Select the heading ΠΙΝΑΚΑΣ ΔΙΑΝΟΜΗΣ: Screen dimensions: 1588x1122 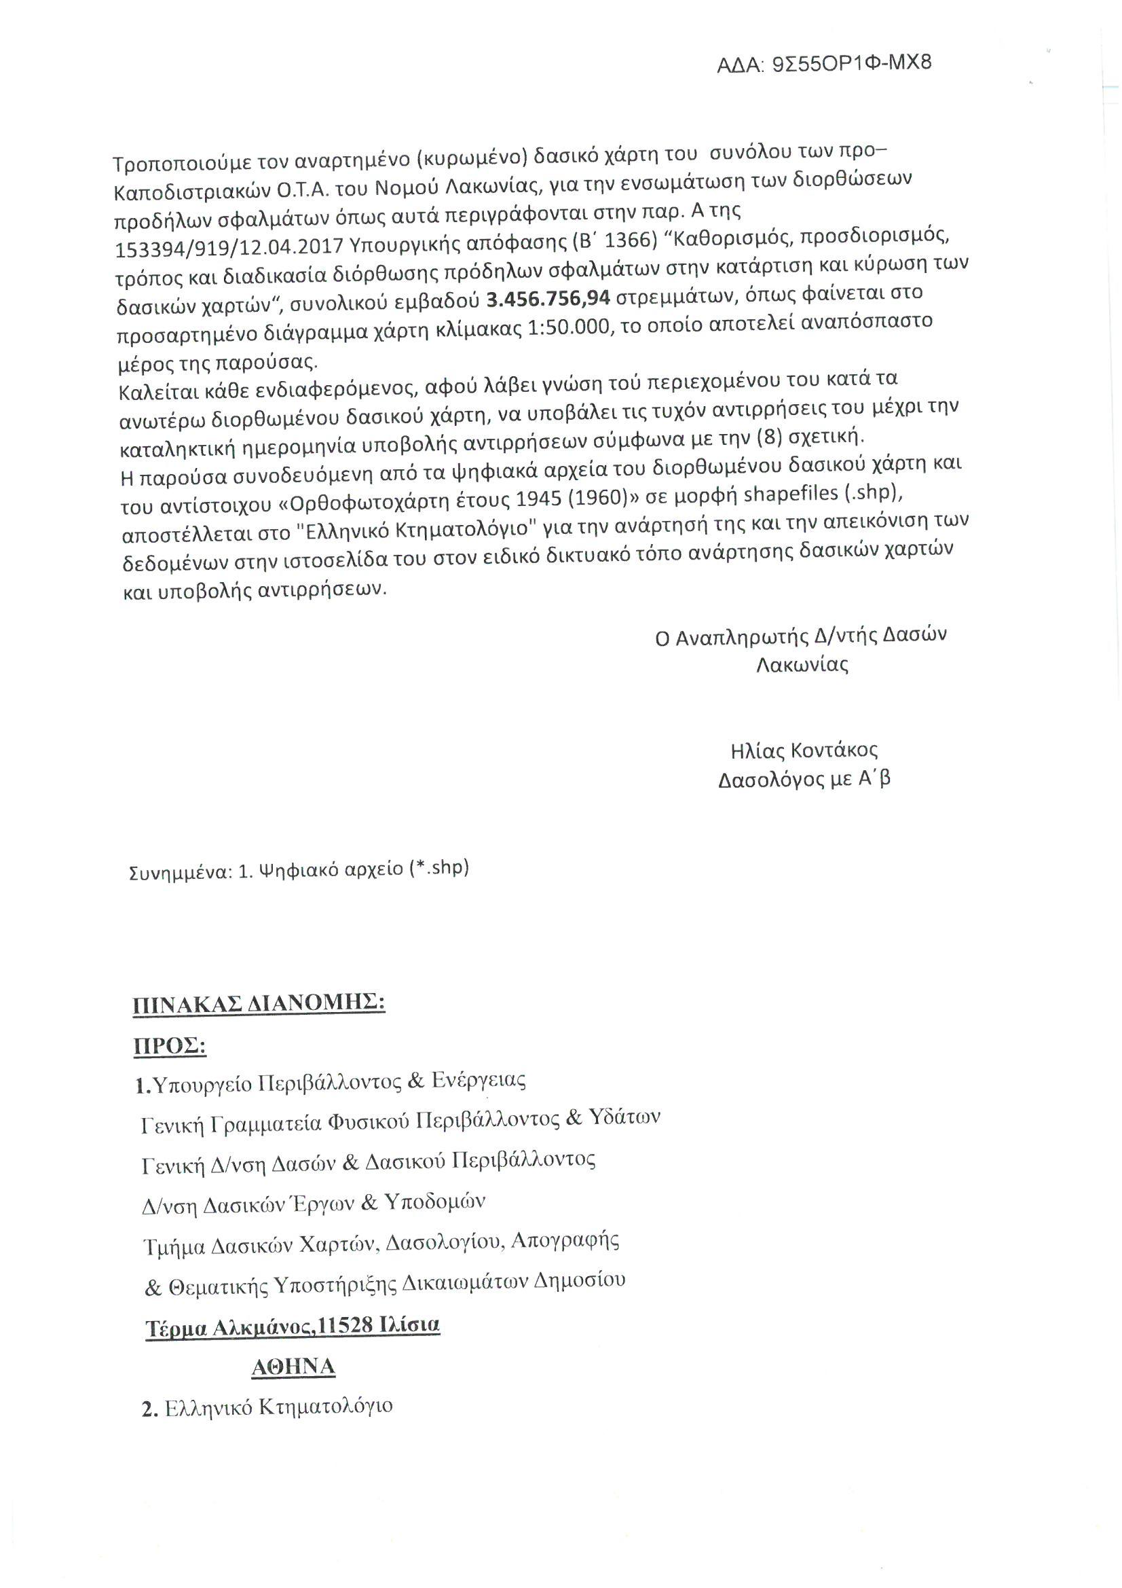click(259, 1004)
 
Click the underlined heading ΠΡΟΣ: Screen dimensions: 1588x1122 click(170, 1047)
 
